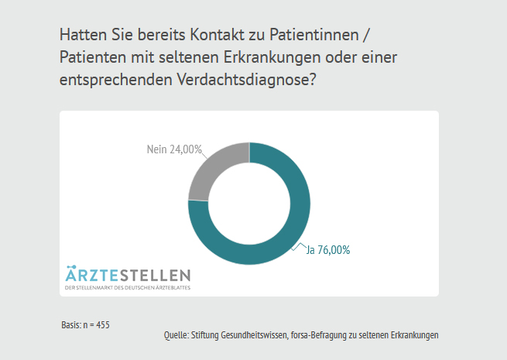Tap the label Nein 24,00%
[174, 149]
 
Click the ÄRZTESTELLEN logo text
[128, 276]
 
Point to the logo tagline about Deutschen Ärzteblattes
[128, 288]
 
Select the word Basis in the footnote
[70, 324]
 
